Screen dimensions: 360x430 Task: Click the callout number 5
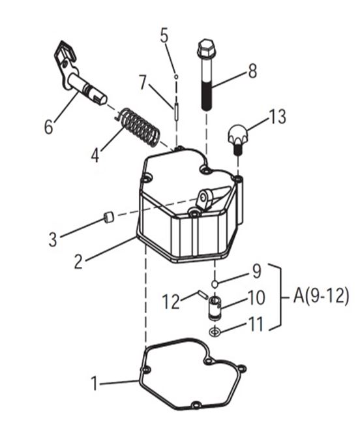[164, 35]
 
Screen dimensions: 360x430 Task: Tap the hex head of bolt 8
[205, 48]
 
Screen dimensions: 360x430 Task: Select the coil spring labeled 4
[137, 128]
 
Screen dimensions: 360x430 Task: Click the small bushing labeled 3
[109, 217]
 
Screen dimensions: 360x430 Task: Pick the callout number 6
[48, 127]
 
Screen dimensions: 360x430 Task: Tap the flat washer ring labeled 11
[215, 332]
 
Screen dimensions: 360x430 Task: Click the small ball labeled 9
[215, 284]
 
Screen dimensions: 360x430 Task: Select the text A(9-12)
[322, 296]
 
